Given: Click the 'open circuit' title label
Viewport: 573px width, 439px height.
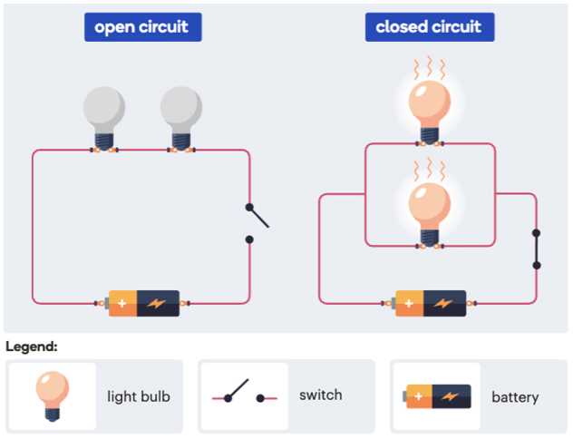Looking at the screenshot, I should [142, 26].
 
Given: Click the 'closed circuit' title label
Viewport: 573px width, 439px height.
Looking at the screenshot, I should [429, 26].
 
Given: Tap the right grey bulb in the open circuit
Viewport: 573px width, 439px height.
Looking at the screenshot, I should [180, 113].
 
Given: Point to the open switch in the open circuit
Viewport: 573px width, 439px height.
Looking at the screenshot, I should [256, 217].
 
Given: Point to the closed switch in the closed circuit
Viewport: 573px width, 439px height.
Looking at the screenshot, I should [537, 248].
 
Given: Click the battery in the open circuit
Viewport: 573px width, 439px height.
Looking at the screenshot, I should [144, 303].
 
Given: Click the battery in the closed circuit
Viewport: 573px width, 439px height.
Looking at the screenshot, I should [431, 303].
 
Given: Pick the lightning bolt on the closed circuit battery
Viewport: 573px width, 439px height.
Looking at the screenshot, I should [445, 303].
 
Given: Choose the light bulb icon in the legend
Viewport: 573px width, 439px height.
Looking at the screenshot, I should [52, 395].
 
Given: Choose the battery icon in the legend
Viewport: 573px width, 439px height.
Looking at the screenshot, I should [438, 395].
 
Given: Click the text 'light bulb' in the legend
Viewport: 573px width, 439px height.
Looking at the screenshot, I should [139, 396].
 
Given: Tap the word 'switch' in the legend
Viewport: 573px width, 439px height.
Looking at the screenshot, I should [321, 395].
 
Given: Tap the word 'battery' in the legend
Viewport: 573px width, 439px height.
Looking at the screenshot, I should [515, 396].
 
